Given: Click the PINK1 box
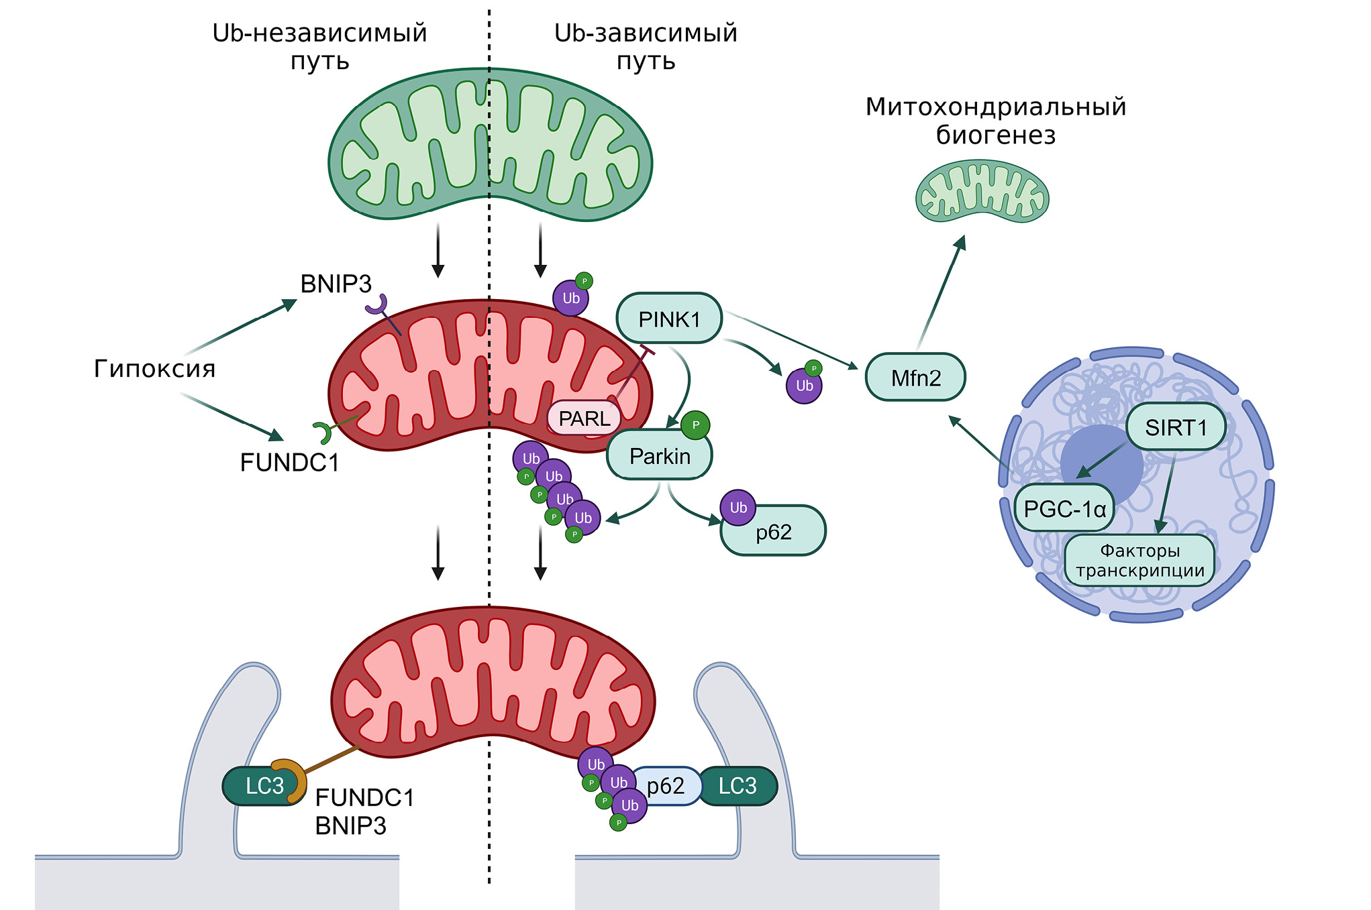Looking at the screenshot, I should tap(669, 319).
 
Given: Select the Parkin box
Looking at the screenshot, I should tap(659, 456).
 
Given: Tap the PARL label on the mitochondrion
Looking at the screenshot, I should tap(584, 418).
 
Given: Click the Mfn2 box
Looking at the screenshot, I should tap(915, 378).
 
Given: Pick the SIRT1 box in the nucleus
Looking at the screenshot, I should tap(1176, 427).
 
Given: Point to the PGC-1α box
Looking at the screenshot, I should tap(1064, 509).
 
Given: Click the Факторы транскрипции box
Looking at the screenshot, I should tap(1139, 561).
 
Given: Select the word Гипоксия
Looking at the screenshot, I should tap(154, 369).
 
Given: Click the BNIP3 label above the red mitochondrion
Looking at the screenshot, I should tap(336, 284).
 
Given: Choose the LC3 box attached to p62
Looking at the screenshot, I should tap(738, 786).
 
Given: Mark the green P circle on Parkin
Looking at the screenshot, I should tap(695, 425).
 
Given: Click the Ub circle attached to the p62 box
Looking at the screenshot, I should tap(738, 508).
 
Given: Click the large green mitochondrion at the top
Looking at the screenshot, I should tap(490, 144).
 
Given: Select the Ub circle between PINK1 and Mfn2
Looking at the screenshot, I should tap(804, 386).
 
